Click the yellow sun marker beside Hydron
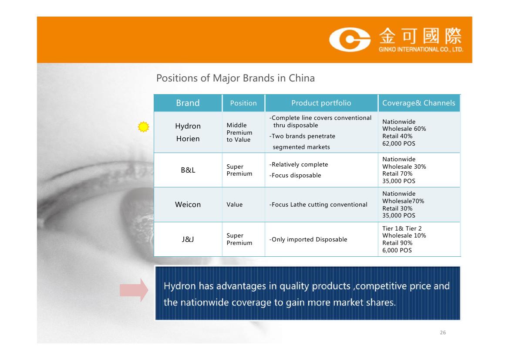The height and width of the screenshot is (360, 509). point(143,127)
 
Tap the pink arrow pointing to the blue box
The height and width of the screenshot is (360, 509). point(134,290)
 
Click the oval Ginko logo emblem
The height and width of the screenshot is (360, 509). point(350,40)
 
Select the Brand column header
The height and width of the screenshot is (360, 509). point(188,103)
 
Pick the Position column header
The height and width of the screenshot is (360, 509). point(243,103)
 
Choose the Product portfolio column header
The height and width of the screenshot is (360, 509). point(321,103)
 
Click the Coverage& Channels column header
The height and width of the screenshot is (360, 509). point(418,103)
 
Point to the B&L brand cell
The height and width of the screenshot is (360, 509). point(188,170)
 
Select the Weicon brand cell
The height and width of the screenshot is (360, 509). point(188,204)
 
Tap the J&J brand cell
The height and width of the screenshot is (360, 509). point(188,239)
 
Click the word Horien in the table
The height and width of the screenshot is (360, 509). point(188,139)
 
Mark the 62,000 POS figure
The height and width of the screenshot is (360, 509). point(399,144)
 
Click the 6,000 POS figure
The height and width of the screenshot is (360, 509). point(397,250)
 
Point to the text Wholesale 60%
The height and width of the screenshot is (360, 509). point(404,129)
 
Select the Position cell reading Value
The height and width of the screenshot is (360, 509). point(234,204)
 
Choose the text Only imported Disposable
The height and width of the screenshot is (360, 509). point(308,239)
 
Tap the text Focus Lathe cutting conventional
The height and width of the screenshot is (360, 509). point(318,204)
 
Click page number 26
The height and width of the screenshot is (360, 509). point(443,333)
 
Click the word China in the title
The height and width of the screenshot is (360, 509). point(302,78)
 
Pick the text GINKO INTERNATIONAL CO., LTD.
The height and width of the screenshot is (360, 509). point(421,49)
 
